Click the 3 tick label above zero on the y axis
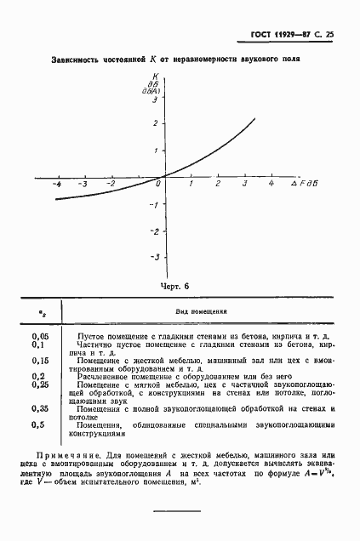(x=154, y=100)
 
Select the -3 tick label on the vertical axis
(x=153, y=257)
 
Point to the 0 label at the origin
(x=157, y=184)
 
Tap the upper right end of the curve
(x=254, y=118)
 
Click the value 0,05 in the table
(x=39, y=337)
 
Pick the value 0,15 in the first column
(x=39, y=361)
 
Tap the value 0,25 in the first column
(x=39, y=384)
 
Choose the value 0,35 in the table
(x=39, y=408)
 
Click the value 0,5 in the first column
(x=37, y=424)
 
